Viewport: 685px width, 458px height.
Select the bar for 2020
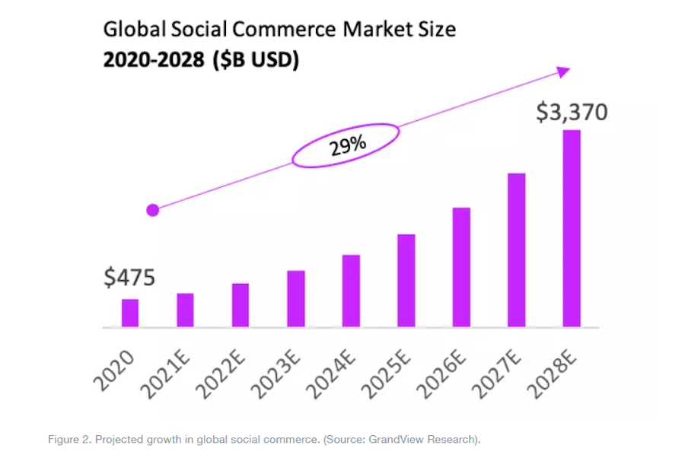click(x=130, y=313)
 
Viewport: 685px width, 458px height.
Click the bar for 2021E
click(x=185, y=310)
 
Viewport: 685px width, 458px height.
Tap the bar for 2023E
click(x=296, y=298)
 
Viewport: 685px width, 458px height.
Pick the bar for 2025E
click(x=406, y=280)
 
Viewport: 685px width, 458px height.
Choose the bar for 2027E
click(x=517, y=250)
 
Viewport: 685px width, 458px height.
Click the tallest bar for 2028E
click(x=572, y=228)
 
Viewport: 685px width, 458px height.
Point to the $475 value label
click(x=129, y=278)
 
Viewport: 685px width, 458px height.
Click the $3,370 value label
click(x=572, y=113)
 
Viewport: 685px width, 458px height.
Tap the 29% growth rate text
click(x=346, y=145)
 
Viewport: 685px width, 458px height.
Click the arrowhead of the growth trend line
click(x=563, y=72)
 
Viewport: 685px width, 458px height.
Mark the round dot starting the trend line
click(x=152, y=210)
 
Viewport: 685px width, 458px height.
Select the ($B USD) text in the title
click(x=256, y=59)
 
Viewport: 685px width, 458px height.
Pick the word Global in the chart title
click(x=129, y=30)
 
